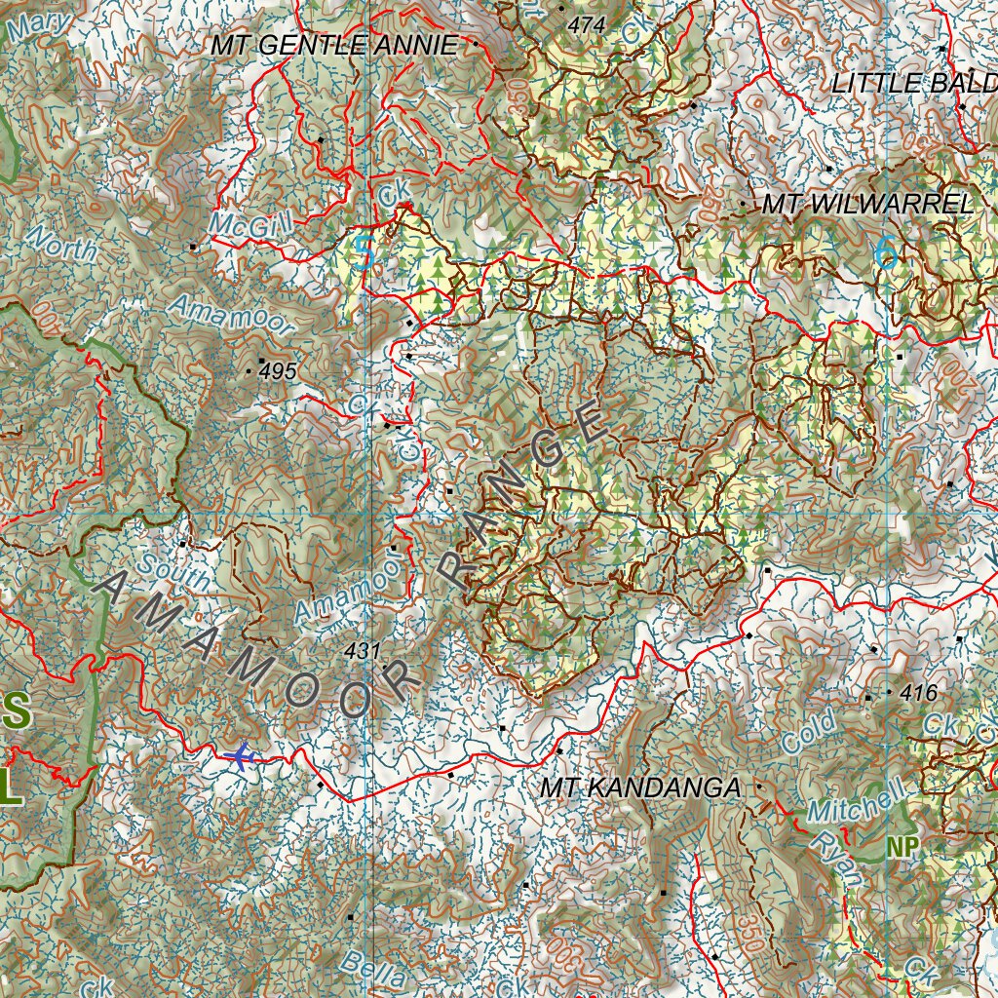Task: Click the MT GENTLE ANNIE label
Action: click(x=334, y=45)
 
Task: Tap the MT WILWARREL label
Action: click(x=866, y=205)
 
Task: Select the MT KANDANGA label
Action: click(x=640, y=788)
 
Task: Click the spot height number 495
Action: click(x=278, y=371)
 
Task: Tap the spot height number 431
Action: click(x=362, y=651)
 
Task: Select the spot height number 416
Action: click(x=918, y=693)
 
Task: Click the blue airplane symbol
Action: click(x=238, y=755)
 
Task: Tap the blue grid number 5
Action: click(x=365, y=253)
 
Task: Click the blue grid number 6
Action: click(x=885, y=253)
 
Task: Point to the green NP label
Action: click(x=902, y=848)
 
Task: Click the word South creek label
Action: click(x=173, y=569)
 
